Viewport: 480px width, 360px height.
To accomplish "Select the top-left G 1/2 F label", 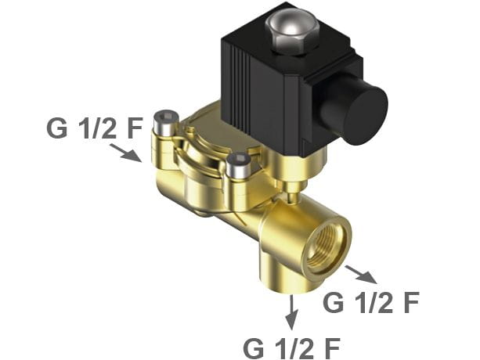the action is coord(95,128).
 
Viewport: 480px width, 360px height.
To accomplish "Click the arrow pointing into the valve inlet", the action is coord(125,153).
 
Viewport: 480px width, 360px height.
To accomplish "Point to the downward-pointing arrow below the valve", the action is coord(292,312).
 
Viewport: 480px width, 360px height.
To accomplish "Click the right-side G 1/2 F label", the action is coord(371,302).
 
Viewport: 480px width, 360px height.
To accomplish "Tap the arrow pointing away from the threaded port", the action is coord(361,274).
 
